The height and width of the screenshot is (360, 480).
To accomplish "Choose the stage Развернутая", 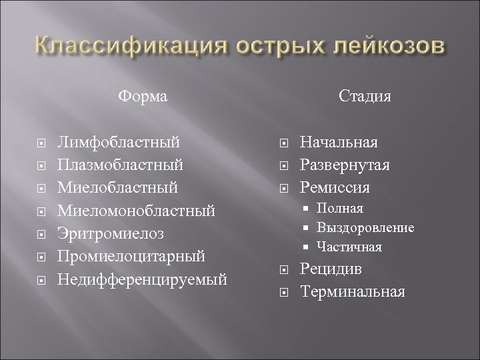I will tap(345, 164).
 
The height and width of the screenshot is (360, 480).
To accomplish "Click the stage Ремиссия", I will tap(335, 187).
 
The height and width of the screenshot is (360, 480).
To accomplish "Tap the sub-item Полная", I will tap(340, 209).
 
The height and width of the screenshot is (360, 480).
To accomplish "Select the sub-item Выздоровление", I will tap(365, 228).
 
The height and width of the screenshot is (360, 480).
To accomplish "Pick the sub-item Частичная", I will tap(349, 247).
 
